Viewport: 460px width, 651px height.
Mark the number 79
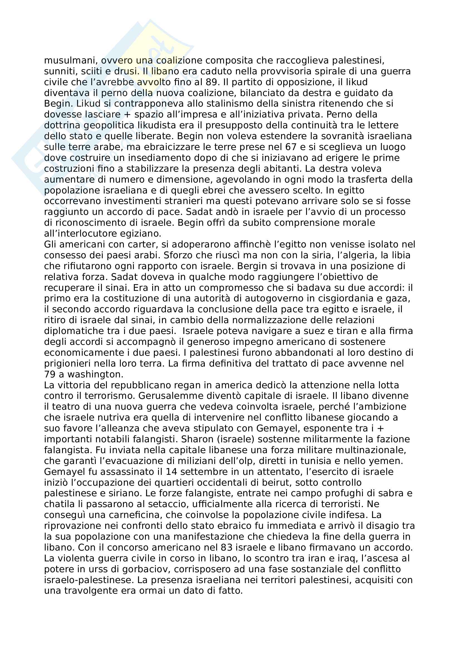(50, 374)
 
